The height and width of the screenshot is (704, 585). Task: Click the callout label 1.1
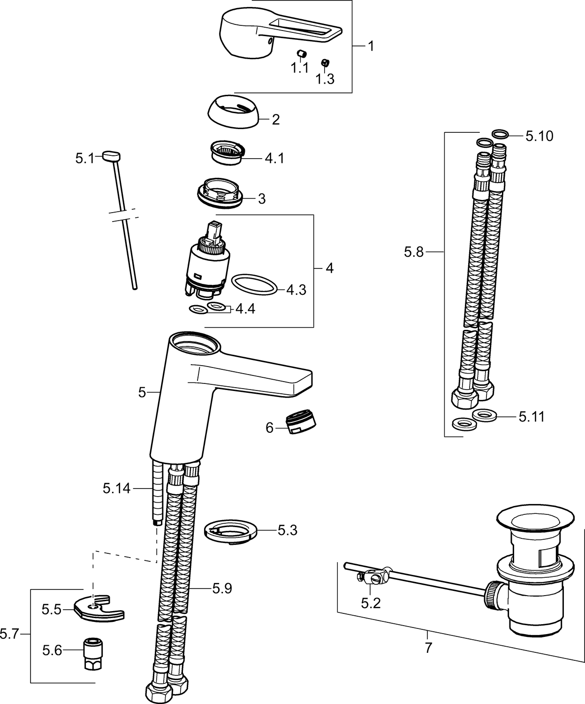point(299,68)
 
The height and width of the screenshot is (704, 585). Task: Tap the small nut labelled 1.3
point(324,62)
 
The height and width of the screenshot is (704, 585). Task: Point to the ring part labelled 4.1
point(227,153)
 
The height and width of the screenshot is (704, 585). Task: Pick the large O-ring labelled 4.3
point(255,285)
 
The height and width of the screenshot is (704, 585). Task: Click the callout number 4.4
point(245,309)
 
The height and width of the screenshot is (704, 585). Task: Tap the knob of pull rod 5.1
point(111,156)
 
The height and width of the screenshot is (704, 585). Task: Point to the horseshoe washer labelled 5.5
point(99,609)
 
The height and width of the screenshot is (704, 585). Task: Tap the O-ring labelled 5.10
point(500,134)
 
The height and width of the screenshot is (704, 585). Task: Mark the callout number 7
point(428,648)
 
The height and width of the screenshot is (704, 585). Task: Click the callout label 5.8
point(414,253)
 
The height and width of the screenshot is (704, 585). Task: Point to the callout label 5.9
point(222,588)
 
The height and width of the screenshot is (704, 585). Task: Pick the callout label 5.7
point(9,635)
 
